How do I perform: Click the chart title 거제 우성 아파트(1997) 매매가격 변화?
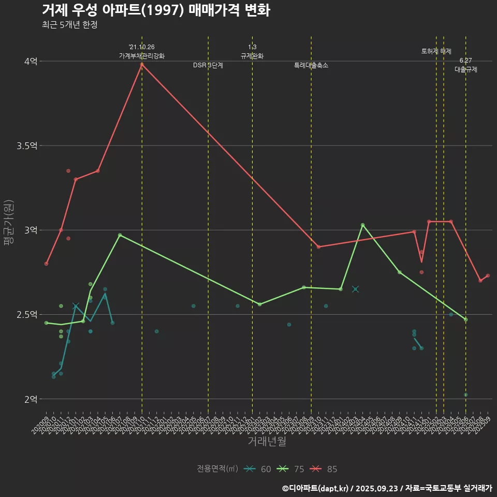click(x=155, y=10)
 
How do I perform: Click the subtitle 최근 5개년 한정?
click(x=69, y=25)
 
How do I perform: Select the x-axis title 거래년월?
click(x=267, y=442)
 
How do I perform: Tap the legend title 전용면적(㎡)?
click(x=217, y=469)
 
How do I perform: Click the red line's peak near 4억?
click(x=142, y=64)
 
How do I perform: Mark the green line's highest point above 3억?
click(x=362, y=225)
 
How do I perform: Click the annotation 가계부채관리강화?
click(x=142, y=56)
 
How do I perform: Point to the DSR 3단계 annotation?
click(x=208, y=65)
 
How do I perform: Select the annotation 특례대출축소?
click(x=311, y=65)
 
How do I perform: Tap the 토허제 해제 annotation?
click(x=436, y=51)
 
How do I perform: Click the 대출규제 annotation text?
click(x=466, y=69)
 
